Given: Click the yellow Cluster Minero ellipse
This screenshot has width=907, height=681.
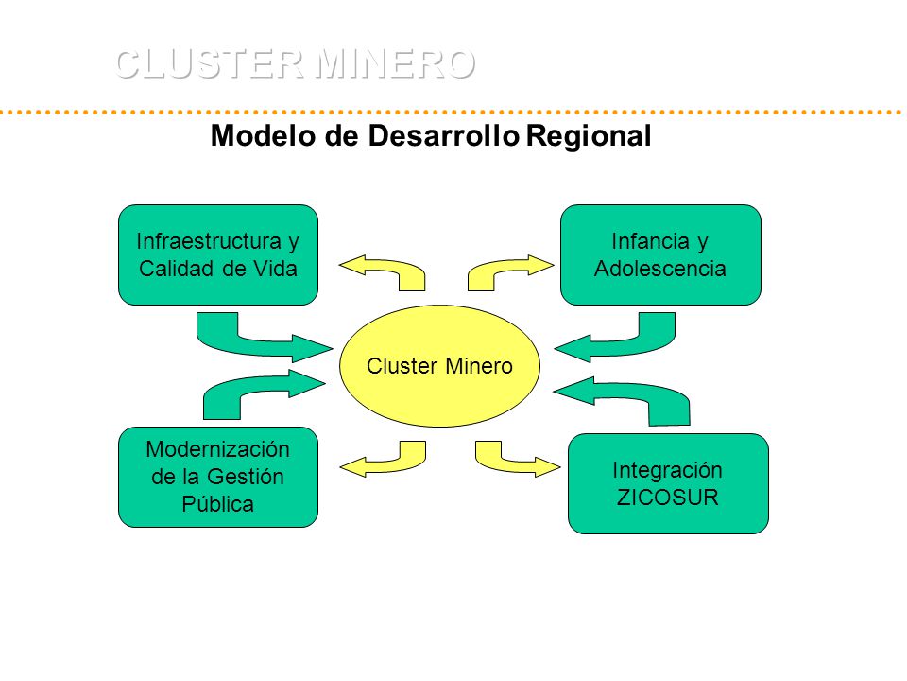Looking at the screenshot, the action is tap(439, 366).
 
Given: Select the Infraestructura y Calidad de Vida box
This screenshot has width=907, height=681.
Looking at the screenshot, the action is tap(218, 254).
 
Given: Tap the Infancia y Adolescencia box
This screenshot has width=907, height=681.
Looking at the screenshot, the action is tap(660, 254).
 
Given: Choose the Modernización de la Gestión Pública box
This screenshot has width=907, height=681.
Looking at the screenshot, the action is tap(218, 477).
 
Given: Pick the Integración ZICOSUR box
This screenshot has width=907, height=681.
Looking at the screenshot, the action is tap(668, 483).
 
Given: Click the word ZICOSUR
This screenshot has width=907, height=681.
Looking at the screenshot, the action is tap(668, 498).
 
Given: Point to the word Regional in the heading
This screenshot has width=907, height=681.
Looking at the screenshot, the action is tap(589, 136).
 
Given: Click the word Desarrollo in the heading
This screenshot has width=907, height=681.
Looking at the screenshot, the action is tap(444, 136).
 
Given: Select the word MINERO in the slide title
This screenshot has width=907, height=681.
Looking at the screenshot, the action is tap(396, 63).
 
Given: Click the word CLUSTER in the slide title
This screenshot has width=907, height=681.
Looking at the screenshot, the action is tap(210, 63).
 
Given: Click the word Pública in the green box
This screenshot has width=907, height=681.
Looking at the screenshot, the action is tap(218, 504).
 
